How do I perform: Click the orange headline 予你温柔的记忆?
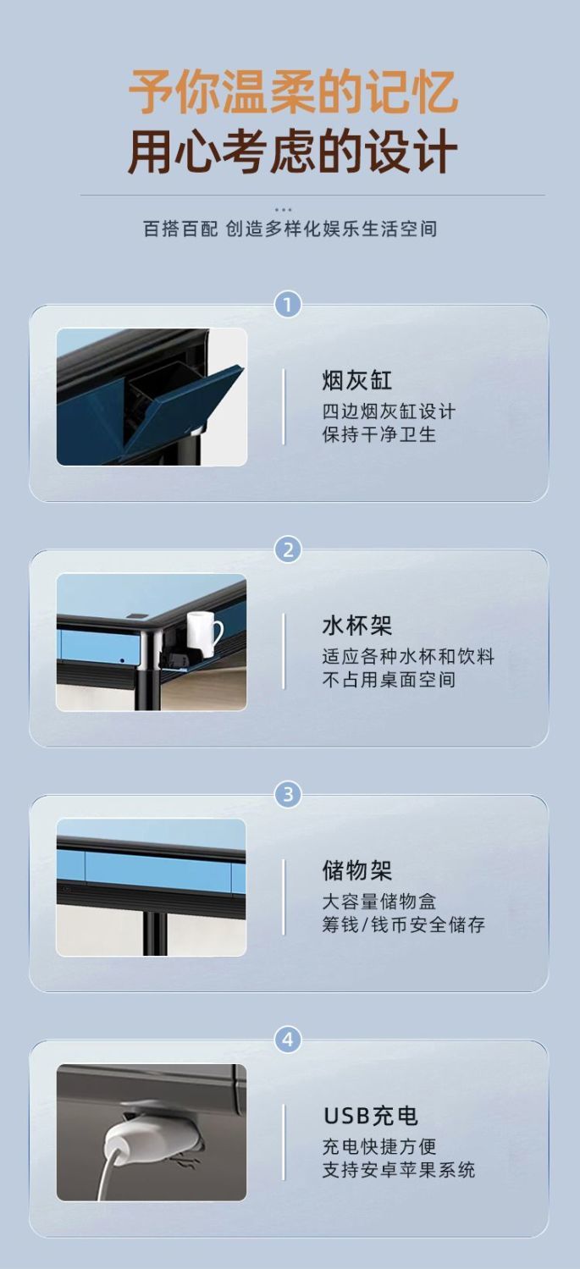(x=293, y=91)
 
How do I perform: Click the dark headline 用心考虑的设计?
(x=293, y=152)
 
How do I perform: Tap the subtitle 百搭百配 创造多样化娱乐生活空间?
(x=290, y=229)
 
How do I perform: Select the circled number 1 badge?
(x=288, y=305)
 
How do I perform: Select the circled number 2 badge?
(x=288, y=549)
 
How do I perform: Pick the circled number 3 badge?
(x=288, y=794)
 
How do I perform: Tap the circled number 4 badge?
(x=288, y=1040)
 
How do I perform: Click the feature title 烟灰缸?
(x=356, y=380)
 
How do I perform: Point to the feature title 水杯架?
(x=356, y=626)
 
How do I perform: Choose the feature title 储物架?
(x=356, y=871)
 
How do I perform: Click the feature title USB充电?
(x=370, y=1116)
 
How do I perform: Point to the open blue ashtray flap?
(x=184, y=408)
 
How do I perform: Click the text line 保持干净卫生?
(x=379, y=434)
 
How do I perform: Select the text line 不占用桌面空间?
(x=389, y=679)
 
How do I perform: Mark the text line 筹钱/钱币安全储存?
(x=404, y=924)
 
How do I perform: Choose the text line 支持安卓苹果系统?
(x=399, y=1170)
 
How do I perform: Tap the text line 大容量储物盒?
(x=379, y=902)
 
